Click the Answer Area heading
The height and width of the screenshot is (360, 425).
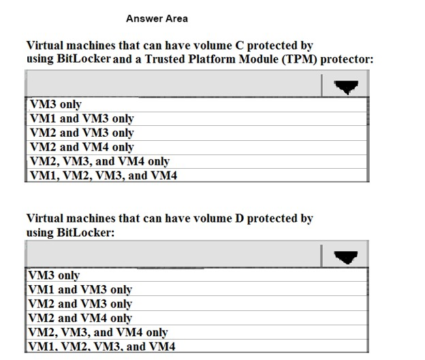(x=157, y=18)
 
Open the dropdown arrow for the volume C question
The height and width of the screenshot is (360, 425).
(x=346, y=86)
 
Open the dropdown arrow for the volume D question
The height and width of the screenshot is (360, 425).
(x=346, y=257)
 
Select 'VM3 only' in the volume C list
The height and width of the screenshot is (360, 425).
(x=56, y=104)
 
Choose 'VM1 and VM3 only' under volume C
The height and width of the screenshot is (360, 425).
(x=82, y=118)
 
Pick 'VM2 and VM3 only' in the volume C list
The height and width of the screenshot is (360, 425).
(x=82, y=133)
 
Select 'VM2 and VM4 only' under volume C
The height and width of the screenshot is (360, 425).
(x=82, y=147)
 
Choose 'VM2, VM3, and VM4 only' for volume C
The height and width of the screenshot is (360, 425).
(x=99, y=161)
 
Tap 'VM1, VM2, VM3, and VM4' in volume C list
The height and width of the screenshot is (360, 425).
(x=104, y=176)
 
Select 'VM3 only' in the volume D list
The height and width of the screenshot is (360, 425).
(x=54, y=275)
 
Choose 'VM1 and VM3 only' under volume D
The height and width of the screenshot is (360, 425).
(x=80, y=290)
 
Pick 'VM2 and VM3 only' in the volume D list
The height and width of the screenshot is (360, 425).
(x=80, y=304)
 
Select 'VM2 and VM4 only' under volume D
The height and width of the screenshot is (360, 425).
(x=80, y=318)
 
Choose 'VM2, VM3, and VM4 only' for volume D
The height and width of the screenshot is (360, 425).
(x=98, y=332)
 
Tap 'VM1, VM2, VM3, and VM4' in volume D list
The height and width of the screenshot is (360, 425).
(x=101, y=346)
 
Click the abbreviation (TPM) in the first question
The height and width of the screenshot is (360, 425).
(x=299, y=59)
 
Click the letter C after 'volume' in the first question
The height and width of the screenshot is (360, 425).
(x=239, y=46)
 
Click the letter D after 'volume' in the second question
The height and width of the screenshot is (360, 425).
(x=239, y=218)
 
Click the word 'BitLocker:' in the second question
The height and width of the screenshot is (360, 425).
(x=86, y=233)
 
